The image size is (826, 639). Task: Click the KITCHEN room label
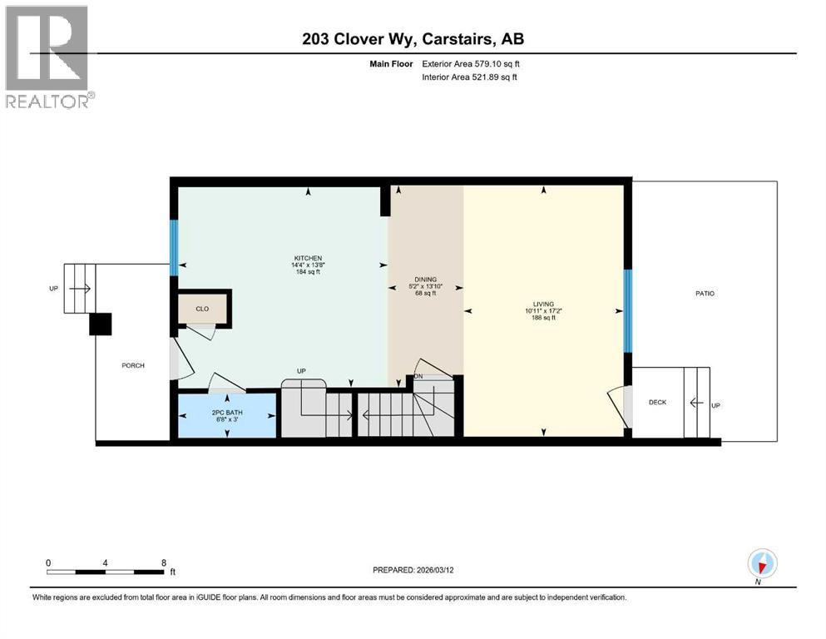[x=307, y=258]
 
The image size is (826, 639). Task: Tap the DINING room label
[x=426, y=280]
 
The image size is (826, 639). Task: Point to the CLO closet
[x=202, y=309]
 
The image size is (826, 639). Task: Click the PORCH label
[x=133, y=365]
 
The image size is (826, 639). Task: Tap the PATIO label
[x=705, y=294]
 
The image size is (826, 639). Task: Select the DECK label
[x=657, y=402]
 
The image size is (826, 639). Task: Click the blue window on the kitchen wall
[x=175, y=247]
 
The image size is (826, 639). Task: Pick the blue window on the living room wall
[x=628, y=311]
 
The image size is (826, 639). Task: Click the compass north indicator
[x=762, y=563]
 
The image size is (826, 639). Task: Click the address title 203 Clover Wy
[x=413, y=39]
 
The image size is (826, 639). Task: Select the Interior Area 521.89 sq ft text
[x=467, y=77]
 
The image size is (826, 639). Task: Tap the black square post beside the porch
[x=101, y=324]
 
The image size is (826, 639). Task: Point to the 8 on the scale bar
[x=163, y=562]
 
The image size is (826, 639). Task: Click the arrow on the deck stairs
[x=697, y=403]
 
